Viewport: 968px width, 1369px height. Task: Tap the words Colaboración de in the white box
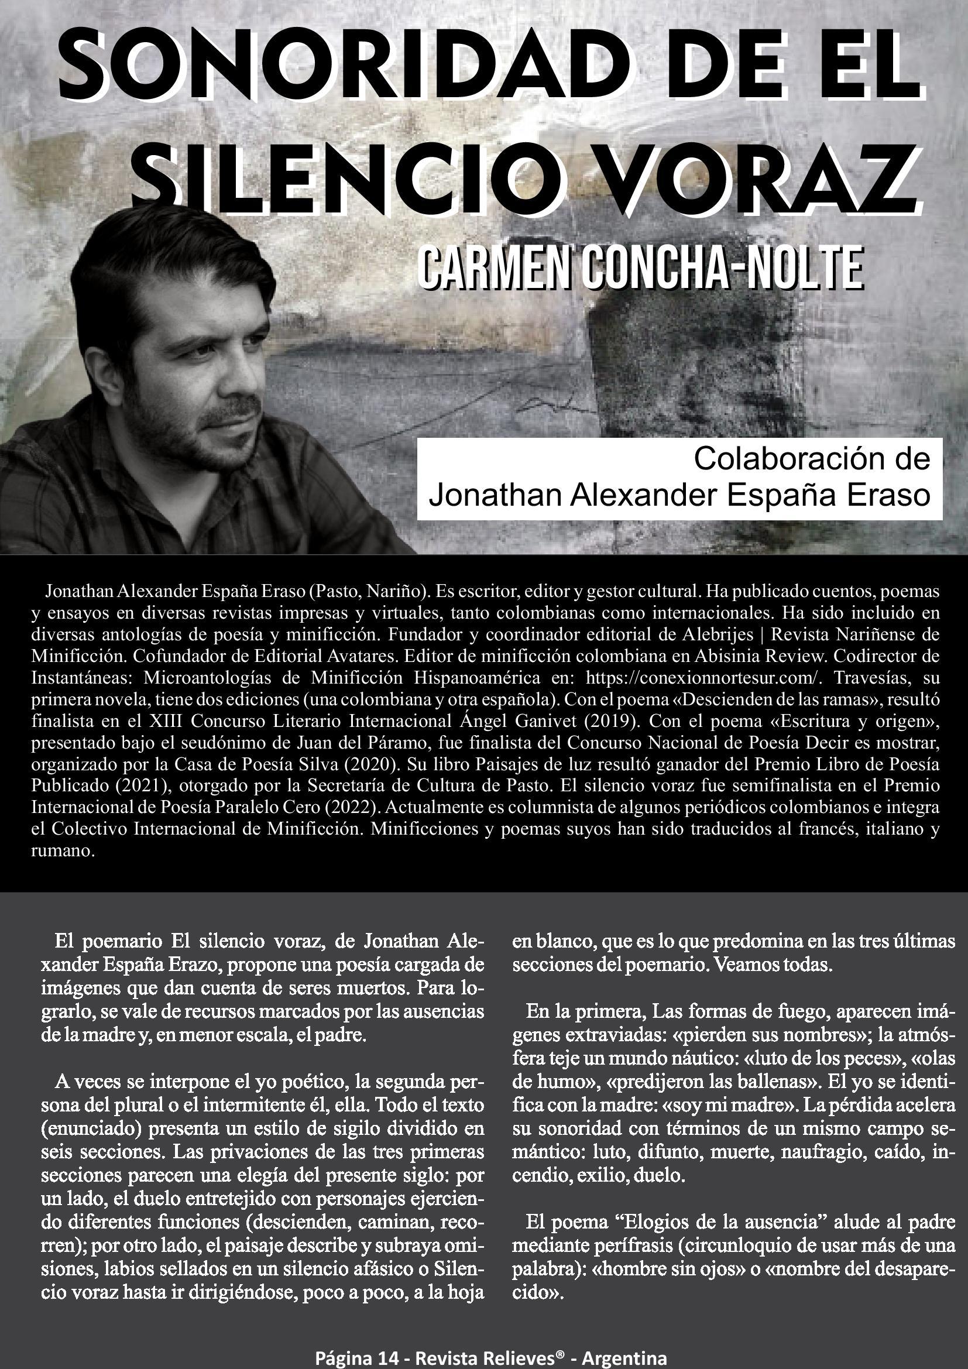click(x=811, y=459)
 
